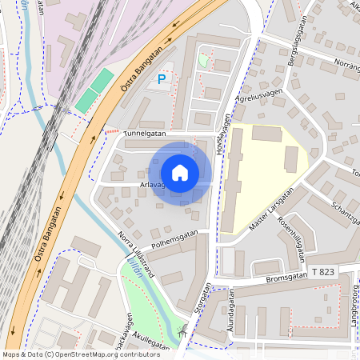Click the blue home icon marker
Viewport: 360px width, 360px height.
(180, 172)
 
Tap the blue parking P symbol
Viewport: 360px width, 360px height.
(162, 79)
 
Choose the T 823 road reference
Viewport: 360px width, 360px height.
(323, 273)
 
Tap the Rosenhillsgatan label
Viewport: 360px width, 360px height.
(301, 241)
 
